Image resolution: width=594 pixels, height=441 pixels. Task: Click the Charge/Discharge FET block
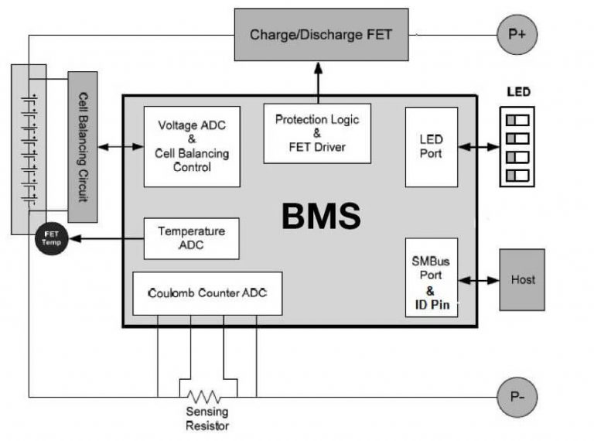[x=321, y=36]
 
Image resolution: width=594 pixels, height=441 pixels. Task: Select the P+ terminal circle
[x=517, y=34]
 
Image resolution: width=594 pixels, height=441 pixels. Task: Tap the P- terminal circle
[x=517, y=398]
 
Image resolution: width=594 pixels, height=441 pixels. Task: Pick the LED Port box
[x=431, y=146]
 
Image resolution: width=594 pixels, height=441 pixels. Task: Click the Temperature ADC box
[x=192, y=238]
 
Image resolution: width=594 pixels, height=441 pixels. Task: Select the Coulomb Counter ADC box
[x=207, y=293]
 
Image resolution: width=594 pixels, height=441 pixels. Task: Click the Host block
[x=522, y=279]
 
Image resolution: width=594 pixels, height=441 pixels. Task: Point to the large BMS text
[x=320, y=217]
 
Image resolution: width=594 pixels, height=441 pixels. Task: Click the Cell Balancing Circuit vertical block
[x=83, y=147]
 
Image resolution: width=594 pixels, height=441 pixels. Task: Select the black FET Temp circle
[x=52, y=238]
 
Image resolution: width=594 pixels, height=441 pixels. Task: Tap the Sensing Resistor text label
[x=207, y=419]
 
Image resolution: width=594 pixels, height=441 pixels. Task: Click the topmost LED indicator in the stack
[x=517, y=119]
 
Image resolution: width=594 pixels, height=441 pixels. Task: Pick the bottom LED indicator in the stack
[x=517, y=176]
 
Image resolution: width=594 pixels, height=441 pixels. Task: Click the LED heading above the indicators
[x=518, y=92]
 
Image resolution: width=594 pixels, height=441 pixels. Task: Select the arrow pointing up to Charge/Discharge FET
[x=316, y=80]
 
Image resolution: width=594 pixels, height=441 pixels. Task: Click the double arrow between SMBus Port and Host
[x=479, y=280]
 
